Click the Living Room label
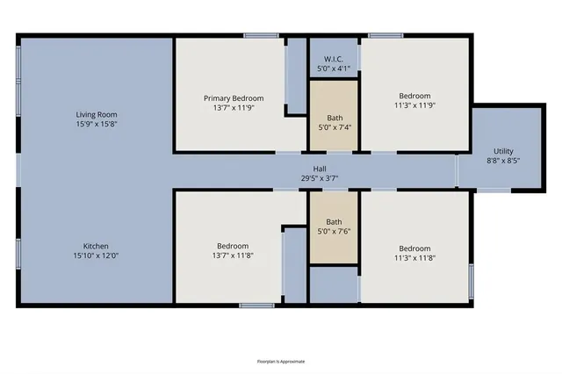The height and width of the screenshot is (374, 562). tap(96, 114)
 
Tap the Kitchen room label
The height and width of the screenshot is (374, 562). tap(96, 246)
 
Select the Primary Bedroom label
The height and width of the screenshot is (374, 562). tap(234, 98)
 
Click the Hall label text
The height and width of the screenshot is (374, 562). tap(320, 169)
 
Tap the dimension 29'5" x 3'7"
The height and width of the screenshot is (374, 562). tap(320, 178)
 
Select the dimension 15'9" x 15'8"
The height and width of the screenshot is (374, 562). tap(96, 125)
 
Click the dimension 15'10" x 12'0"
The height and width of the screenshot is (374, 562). tap(96, 255)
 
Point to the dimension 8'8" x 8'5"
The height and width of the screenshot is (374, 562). tap(503, 161)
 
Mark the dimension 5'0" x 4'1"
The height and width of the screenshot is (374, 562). tap(334, 68)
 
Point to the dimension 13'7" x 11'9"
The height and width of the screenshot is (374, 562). tap(234, 108)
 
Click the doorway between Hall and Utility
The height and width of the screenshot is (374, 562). tap(457, 170)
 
